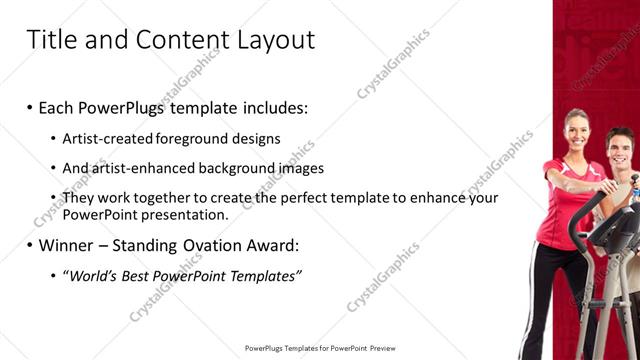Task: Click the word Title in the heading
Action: pos(48,40)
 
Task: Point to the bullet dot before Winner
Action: pos(30,244)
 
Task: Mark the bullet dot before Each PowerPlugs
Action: pos(30,106)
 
